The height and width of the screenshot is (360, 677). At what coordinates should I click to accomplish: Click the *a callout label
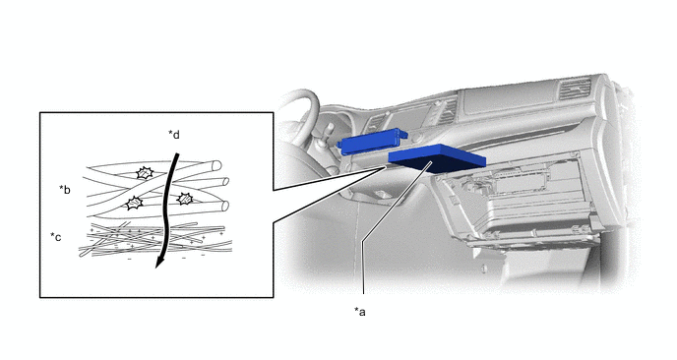pos(360,311)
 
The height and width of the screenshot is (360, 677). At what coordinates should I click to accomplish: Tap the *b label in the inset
pos(65,190)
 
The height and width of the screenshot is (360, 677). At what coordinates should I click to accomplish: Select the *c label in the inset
pos(56,237)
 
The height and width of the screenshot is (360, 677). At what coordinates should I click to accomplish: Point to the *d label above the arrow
pos(174,135)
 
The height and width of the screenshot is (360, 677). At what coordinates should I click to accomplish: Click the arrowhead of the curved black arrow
pos(159,262)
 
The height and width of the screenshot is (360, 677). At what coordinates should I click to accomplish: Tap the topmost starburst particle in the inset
pos(145,173)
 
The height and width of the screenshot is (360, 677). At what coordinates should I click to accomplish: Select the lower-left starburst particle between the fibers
pos(134,203)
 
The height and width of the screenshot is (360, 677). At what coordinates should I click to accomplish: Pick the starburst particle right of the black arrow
pos(185,199)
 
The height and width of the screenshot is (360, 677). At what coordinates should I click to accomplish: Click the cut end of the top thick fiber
pos(216,165)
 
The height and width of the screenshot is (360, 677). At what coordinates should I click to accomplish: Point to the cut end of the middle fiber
pos(225,181)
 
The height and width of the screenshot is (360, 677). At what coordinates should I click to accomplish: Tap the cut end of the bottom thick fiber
pos(224,206)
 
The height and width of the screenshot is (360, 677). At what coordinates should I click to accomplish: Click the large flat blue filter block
pos(437,158)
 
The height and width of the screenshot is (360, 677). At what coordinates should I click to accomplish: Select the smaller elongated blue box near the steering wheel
pos(372,141)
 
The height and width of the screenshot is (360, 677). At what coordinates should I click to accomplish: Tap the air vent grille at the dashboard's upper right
pos(575,89)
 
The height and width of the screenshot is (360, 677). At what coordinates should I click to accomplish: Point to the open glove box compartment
pos(519,203)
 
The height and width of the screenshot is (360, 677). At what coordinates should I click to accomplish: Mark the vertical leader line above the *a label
pos(363,267)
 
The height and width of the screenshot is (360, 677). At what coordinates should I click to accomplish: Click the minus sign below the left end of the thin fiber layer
pos(130,259)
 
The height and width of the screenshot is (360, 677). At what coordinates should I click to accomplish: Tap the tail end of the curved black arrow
pos(176,153)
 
